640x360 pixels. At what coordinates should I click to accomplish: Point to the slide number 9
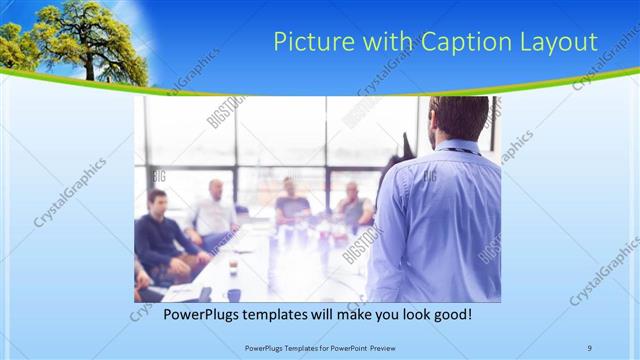(589, 348)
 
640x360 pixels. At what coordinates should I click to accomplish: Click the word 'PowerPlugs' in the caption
(200, 314)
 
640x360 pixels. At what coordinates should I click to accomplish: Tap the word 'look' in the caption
(412, 314)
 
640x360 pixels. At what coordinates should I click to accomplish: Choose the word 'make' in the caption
(350, 314)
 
